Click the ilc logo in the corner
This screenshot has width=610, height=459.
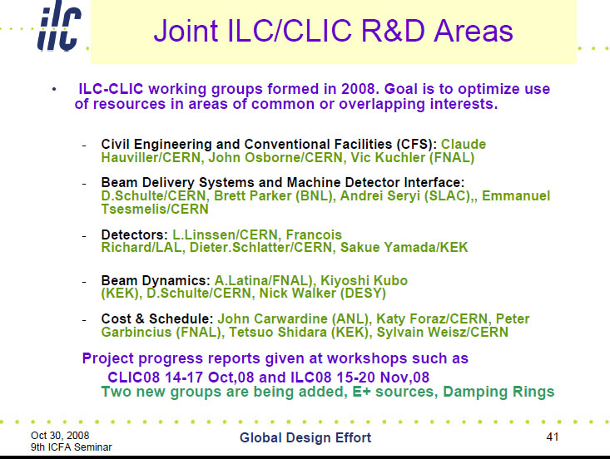(59, 27)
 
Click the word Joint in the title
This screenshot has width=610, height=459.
(186, 30)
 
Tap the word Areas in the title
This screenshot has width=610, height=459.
(474, 30)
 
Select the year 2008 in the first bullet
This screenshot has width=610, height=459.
(359, 89)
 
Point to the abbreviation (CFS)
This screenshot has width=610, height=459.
(417, 144)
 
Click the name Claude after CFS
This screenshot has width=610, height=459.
(464, 144)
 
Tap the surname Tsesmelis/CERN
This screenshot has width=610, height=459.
(155, 209)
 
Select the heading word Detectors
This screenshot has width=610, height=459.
(134, 234)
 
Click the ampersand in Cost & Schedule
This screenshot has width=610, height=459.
(140, 318)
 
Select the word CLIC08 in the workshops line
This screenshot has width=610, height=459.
(133, 377)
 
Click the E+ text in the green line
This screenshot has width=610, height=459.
(361, 392)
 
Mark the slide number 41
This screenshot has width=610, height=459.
(553, 437)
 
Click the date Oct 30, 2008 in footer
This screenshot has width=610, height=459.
(60, 435)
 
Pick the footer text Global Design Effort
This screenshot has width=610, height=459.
(305, 437)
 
